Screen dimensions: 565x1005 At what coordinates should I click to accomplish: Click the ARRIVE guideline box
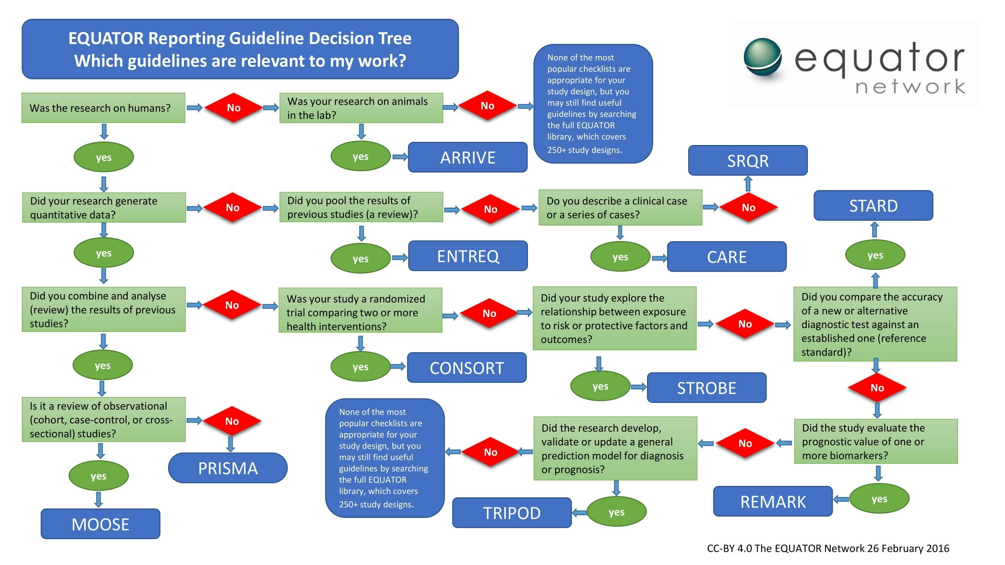pos(467,157)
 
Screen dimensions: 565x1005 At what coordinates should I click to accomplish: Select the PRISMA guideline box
pos(228,468)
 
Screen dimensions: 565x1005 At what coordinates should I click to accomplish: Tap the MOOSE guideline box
pos(100,524)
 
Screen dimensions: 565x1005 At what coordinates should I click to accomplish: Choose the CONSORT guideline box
pos(467,368)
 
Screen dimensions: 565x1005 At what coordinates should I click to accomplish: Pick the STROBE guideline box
pos(706,388)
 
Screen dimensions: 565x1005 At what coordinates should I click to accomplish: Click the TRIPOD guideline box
pos(511,513)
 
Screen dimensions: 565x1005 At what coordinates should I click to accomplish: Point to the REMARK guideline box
pos(772,501)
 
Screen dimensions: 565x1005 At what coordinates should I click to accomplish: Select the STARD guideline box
pos(873,206)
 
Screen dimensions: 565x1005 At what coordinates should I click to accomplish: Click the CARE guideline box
pos(727,257)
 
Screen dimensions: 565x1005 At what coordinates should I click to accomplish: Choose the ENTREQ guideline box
pos(467,256)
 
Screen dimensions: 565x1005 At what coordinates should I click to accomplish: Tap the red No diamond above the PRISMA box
pos(232,421)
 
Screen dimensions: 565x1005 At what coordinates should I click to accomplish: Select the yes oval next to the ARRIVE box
pos(360,157)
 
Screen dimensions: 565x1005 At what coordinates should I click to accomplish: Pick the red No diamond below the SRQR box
pos(748,208)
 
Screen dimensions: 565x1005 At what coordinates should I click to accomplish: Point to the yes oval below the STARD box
pos(875,255)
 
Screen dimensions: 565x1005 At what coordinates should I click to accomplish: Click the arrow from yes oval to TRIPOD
pos(579,512)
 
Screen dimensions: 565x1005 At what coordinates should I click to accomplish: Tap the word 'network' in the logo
pos(910,87)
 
